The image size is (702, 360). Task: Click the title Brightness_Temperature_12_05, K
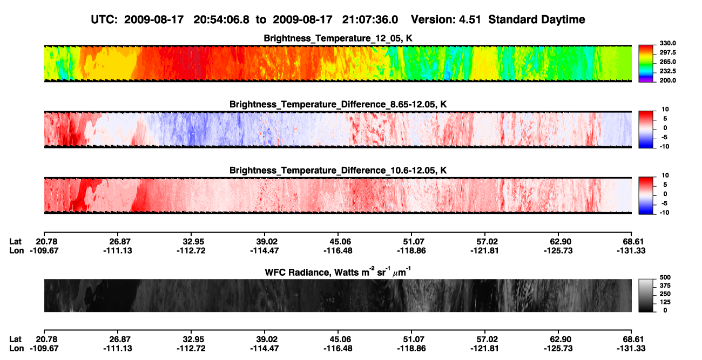pyautogui.click(x=338, y=38)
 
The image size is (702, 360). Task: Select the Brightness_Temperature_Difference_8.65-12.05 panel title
pyautogui.click(x=338, y=104)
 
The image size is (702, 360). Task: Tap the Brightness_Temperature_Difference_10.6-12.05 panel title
pyautogui.click(x=338, y=171)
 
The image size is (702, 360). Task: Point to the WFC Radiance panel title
pyautogui.click(x=338, y=272)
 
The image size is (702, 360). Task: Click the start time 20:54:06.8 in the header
pyautogui.click(x=221, y=19)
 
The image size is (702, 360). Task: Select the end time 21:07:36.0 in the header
pyautogui.click(x=370, y=19)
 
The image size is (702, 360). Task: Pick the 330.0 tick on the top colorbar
pyautogui.click(x=667, y=43)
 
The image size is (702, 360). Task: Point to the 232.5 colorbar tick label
pyautogui.click(x=667, y=71)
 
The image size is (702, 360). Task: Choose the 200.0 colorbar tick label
pyautogui.click(x=667, y=80)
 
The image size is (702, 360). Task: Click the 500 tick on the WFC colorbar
pyautogui.click(x=665, y=277)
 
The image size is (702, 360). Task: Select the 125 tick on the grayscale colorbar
pyautogui.click(x=665, y=302)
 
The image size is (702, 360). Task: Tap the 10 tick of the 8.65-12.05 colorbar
pyautogui.click(x=665, y=110)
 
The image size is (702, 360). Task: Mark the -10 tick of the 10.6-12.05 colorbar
pyautogui.click(x=664, y=213)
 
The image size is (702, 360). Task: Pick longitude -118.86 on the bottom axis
pyautogui.click(x=411, y=349)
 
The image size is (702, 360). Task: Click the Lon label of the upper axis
pyautogui.click(x=16, y=250)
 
